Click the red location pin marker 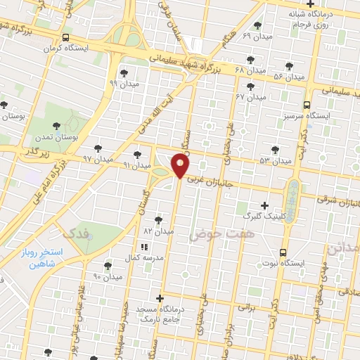pos(181,166)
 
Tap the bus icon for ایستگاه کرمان pos(65,37)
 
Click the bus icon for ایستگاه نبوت pos(283,252)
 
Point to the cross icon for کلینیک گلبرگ pos(264,205)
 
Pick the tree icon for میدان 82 pos(158,219)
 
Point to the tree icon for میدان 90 pos(108,266)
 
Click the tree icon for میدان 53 pos(275,150)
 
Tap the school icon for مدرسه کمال pos(144,247)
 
